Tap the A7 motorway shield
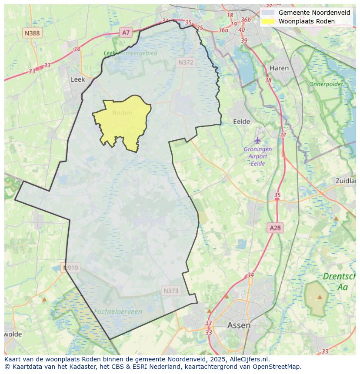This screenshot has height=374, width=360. coord(126,32)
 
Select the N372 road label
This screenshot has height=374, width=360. coord(186,63)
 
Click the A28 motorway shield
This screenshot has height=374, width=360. coord(275,228)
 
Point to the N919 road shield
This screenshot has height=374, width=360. coord(71,268)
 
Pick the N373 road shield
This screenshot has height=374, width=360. coord(171,291)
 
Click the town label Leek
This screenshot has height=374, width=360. coord(77,79)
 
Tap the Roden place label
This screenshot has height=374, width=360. coord(122,113)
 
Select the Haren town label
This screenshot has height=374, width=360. coord(279,68)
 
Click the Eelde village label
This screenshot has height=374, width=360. coord(242,122)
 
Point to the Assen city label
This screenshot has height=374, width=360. coord(239,325)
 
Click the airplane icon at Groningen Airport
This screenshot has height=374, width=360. coord(258,140)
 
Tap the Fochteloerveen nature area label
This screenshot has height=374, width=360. coord(118,311)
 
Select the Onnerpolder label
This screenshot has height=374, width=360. coord(326,84)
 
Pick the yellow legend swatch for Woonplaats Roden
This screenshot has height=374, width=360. coord(268,21)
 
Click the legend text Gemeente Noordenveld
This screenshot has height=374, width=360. coord(314,13)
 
